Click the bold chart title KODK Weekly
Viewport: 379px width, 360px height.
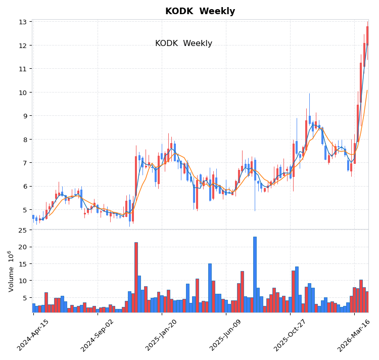200,11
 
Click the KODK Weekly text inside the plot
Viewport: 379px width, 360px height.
183,43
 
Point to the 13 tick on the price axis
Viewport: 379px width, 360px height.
23,22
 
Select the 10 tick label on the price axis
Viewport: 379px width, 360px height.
23,93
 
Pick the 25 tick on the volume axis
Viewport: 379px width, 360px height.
23,230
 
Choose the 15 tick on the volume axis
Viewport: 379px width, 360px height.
23,263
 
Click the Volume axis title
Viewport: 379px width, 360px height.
11,271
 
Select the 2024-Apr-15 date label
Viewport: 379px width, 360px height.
33,335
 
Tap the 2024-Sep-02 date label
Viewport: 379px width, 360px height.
97,335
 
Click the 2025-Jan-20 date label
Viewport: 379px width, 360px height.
161,335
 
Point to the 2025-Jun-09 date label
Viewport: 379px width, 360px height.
225,335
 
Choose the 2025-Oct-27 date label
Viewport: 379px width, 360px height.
290,335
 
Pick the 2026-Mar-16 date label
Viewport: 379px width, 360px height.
354,335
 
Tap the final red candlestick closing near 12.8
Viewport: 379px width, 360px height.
367,36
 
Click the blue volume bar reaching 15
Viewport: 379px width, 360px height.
210,288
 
